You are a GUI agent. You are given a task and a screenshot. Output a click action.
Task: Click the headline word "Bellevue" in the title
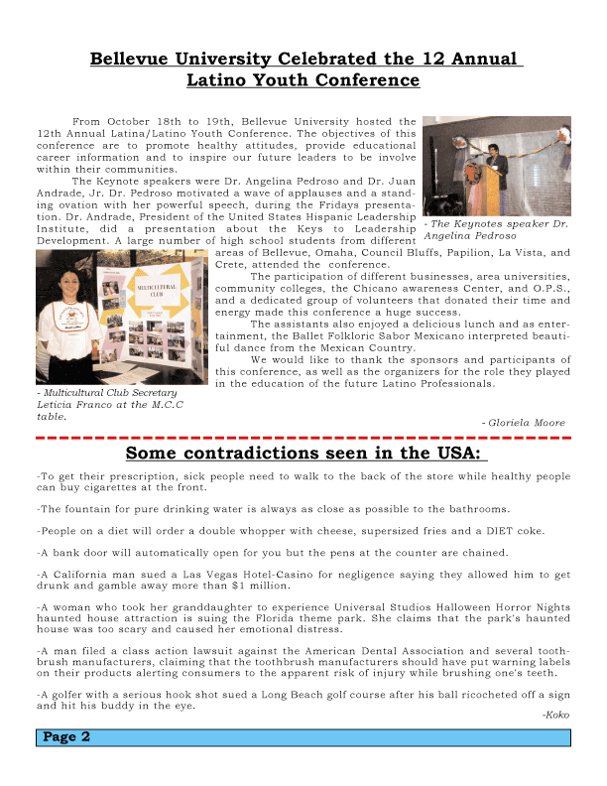pyautogui.click(x=132, y=59)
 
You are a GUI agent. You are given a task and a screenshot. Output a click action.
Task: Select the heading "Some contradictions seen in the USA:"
pyautogui.click(x=306, y=454)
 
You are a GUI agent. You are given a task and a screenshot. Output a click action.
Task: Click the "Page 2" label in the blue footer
pyautogui.click(x=67, y=737)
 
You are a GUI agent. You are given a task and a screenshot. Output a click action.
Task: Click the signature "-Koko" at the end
pyautogui.click(x=556, y=715)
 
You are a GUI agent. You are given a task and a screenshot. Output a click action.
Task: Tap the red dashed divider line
pyautogui.click(x=303, y=437)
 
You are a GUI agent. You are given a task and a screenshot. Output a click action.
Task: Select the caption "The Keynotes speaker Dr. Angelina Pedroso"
pyautogui.click(x=496, y=230)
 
